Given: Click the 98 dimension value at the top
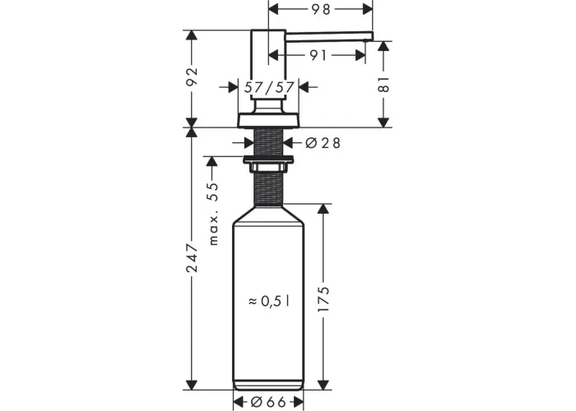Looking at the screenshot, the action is [x=322, y=10].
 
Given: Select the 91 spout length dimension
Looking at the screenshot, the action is [x=318, y=55].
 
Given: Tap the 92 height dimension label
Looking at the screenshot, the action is [x=192, y=76].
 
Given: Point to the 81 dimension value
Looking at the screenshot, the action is [x=384, y=85].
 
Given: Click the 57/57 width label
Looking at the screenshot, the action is [x=269, y=87].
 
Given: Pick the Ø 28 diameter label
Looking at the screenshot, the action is [x=323, y=143].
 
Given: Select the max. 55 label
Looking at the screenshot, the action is [x=213, y=214].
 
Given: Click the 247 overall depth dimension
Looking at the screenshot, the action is [x=192, y=258].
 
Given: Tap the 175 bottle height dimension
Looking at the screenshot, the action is [x=323, y=300].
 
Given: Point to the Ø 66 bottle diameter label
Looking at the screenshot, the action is [x=268, y=402].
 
